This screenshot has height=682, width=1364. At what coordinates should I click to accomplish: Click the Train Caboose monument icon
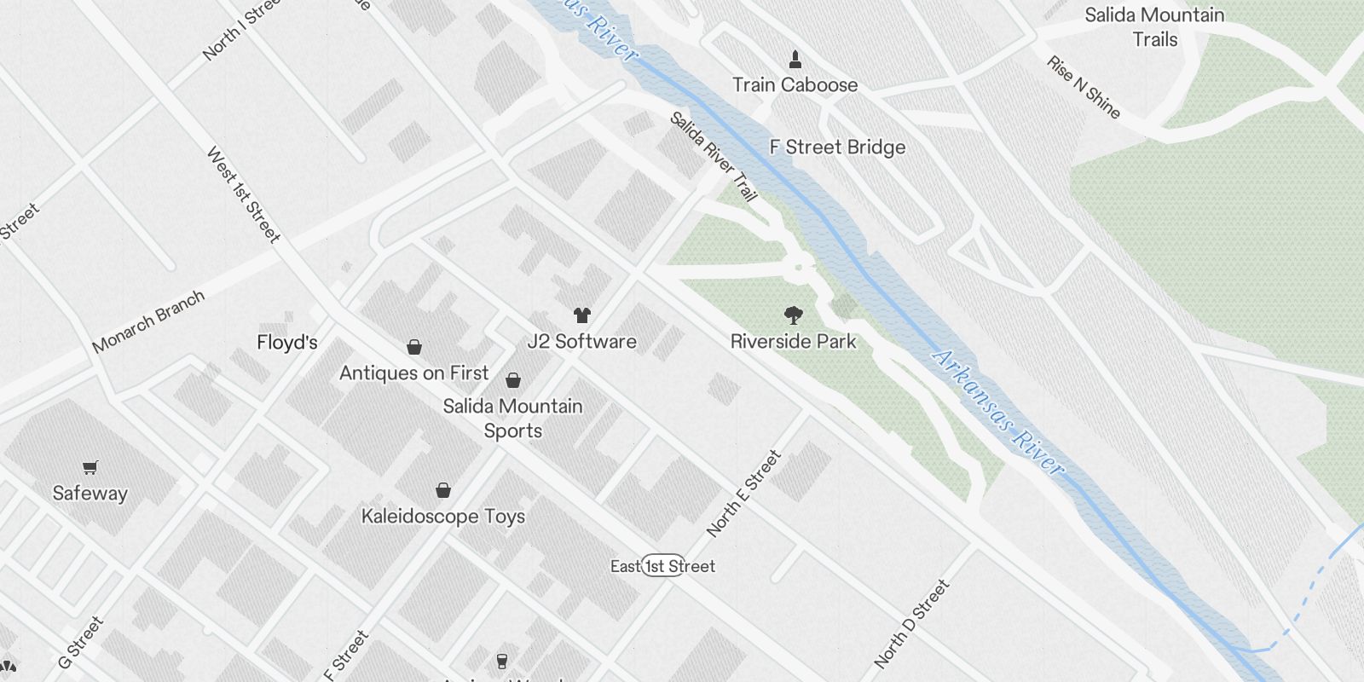tap(795, 60)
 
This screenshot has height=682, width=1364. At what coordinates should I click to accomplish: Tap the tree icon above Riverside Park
tap(793, 315)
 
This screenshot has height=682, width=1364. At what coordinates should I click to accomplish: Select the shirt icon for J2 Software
tap(582, 315)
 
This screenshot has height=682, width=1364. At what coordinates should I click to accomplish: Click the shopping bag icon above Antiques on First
tap(414, 347)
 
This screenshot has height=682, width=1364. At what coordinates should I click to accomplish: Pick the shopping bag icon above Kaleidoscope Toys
tap(443, 490)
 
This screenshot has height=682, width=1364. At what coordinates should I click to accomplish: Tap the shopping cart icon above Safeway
tap(90, 467)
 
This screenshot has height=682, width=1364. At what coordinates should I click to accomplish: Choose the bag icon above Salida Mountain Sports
tap(513, 379)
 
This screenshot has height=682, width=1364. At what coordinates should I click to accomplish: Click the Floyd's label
tap(287, 343)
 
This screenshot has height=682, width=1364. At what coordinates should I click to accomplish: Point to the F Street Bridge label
tap(837, 147)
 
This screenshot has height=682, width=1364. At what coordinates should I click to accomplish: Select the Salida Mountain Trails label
tap(1154, 27)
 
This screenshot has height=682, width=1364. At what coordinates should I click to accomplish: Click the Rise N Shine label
tap(1083, 87)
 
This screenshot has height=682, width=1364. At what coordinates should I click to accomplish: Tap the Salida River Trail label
tap(713, 156)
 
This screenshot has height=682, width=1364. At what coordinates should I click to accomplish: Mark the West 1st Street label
tap(243, 194)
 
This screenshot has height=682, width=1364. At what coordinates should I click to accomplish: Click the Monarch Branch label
tap(148, 321)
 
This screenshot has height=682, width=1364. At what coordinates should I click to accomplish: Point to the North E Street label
tap(743, 494)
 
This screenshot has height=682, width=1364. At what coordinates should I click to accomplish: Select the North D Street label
tap(911, 623)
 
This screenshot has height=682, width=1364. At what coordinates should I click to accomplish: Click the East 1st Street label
tap(662, 566)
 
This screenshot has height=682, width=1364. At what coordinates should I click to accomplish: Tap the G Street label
tap(80, 642)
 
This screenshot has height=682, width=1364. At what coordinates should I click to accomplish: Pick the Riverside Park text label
tap(793, 342)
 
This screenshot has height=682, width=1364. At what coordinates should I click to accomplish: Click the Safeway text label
tap(90, 494)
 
